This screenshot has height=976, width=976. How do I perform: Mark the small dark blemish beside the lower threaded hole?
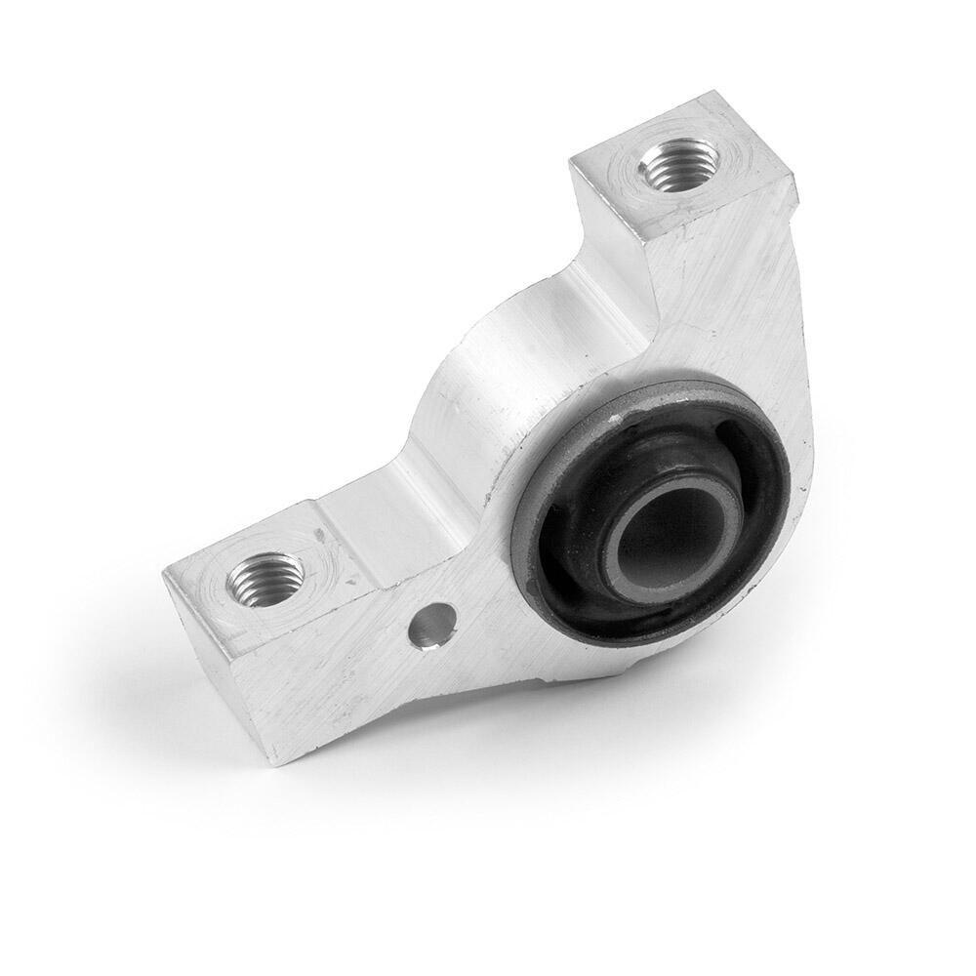pos(321,535)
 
